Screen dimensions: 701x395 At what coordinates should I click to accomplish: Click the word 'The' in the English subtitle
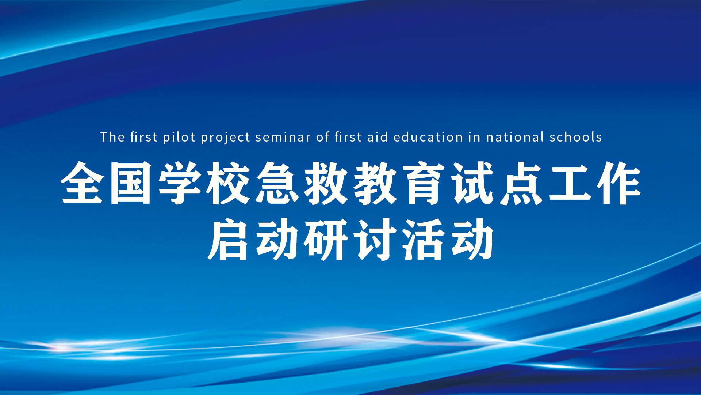(113, 137)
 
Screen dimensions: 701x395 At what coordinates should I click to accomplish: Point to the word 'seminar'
(283, 138)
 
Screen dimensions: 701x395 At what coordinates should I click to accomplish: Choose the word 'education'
(428, 137)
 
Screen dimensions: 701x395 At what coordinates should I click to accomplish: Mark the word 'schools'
(575, 137)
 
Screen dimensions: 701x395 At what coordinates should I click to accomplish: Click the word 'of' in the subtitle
(323, 137)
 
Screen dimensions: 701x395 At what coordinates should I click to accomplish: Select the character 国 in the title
(131, 183)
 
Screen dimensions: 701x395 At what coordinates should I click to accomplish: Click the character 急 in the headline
(277, 183)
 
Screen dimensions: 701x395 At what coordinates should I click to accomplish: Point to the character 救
(326, 183)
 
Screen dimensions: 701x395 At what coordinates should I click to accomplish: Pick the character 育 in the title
(424, 183)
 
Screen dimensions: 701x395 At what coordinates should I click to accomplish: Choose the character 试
(473, 183)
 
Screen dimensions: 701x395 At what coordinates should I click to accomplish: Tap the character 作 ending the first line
(619, 183)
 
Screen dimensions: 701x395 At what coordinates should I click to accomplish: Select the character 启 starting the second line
(229, 239)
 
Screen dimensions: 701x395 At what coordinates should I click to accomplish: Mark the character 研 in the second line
(326, 239)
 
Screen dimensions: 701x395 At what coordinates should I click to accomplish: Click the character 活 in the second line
(424, 239)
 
